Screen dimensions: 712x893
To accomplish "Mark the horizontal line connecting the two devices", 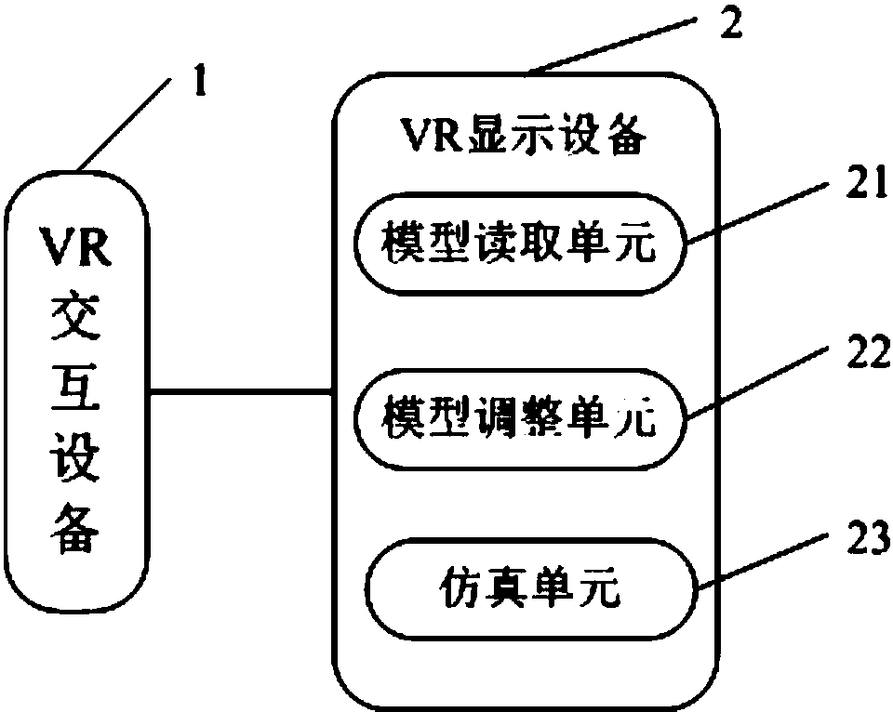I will pos(242,392).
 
